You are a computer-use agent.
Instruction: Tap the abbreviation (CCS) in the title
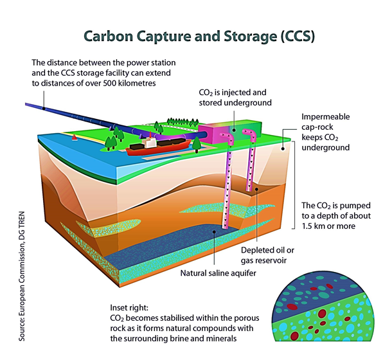point(298,37)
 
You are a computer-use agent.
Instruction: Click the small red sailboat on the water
point(75,138)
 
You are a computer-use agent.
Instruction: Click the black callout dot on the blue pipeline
point(44,109)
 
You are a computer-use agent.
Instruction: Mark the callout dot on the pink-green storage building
point(234,130)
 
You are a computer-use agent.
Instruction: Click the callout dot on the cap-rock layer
point(283,148)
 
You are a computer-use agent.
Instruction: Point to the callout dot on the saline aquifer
point(214,231)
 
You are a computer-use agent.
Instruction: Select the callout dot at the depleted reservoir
point(256,189)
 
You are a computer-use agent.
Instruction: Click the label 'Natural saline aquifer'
point(218,273)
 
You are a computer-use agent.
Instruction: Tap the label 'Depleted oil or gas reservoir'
point(267,255)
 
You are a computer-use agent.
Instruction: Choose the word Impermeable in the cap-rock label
point(326,117)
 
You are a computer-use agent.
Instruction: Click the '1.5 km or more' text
point(328,226)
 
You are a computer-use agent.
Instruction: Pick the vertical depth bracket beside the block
point(294,185)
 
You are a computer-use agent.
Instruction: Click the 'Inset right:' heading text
point(129,307)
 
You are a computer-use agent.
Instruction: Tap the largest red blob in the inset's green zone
point(322,314)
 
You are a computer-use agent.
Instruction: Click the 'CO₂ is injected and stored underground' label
point(235,98)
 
